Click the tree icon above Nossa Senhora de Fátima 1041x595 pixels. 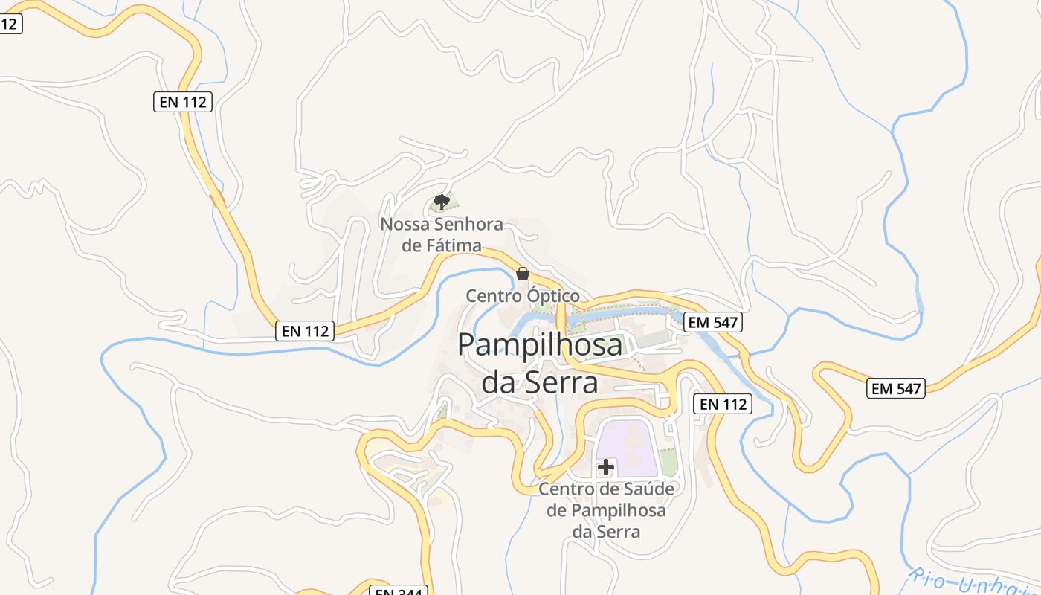pos(441,202)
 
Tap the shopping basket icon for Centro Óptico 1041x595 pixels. pos(523,274)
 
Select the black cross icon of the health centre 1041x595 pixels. pos(606,467)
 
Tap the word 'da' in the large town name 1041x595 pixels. pos(498,382)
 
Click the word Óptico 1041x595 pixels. pos(552,296)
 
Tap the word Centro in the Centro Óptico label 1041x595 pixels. pos(494,296)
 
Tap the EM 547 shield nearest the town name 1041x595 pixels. pos(713,323)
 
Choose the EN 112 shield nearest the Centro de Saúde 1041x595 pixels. pos(723,405)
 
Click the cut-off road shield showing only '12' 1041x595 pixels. pos(10,23)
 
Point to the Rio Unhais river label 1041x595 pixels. pos(974,584)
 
